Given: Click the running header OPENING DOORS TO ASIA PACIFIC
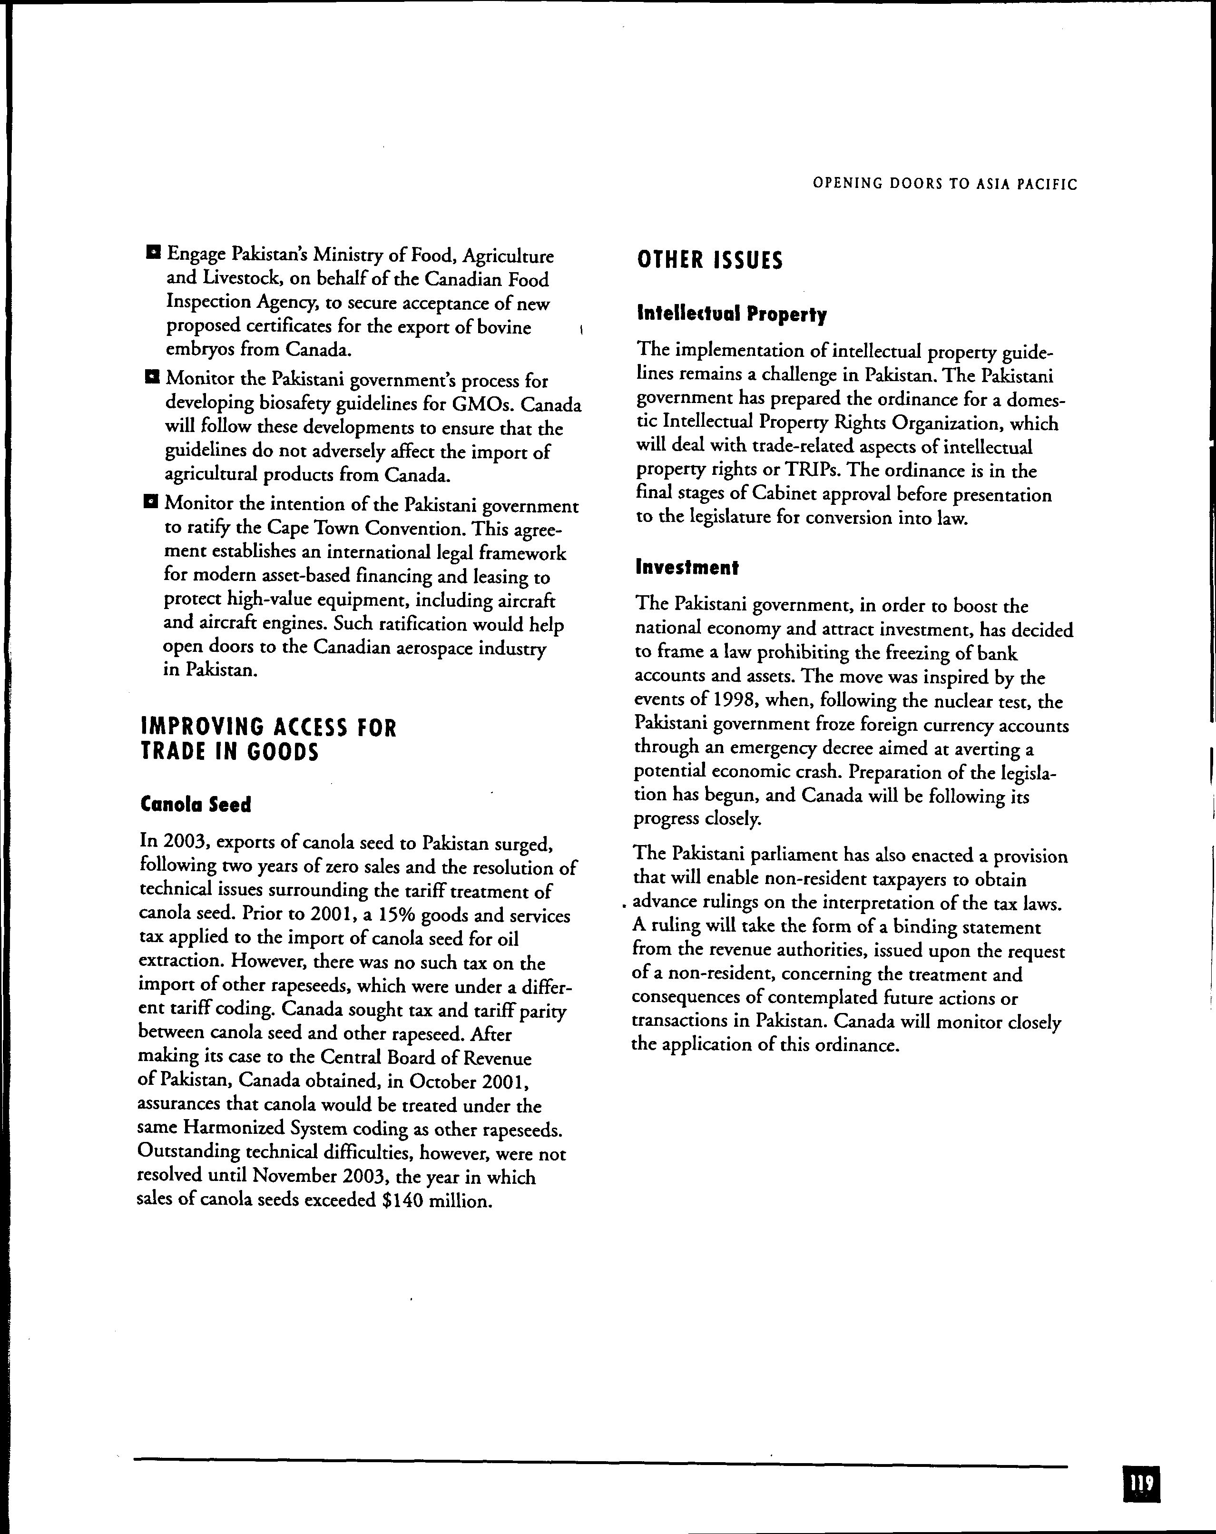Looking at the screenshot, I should (x=945, y=184).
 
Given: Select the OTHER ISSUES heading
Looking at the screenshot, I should (x=710, y=260).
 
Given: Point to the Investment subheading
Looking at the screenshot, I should (x=687, y=567).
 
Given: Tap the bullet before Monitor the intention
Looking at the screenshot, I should (x=150, y=502).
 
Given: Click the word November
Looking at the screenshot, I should (x=294, y=1177).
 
